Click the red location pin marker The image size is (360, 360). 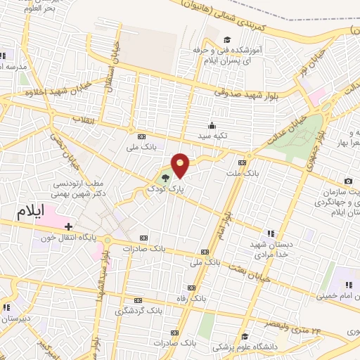(x=181, y=165)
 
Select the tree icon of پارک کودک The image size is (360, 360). (x=165, y=178)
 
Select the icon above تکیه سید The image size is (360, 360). (x=212, y=124)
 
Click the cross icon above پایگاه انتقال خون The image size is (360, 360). (x=68, y=226)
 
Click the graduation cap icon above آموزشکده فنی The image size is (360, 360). (x=226, y=39)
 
